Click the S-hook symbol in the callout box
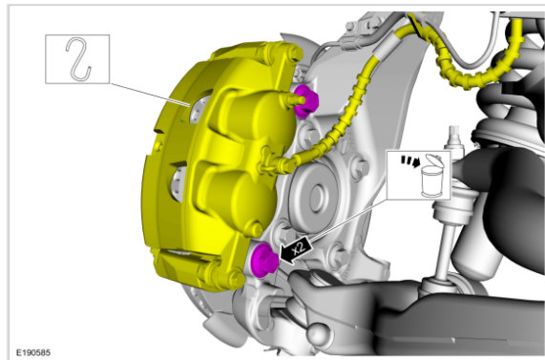(x=78, y=58)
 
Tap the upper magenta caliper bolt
(x=305, y=100)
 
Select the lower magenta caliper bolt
(x=264, y=260)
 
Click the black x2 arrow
(x=296, y=250)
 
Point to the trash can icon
(x=431, y=177)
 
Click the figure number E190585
(x=33, y=352)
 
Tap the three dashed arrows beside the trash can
(x=410, y=161)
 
